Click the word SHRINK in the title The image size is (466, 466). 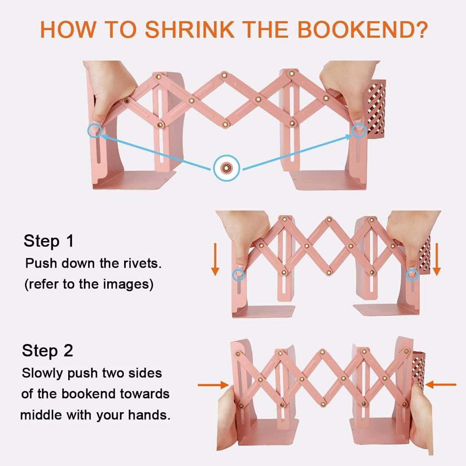[190, 30]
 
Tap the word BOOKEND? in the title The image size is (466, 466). [363, 30]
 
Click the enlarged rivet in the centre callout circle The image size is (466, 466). [226, 168]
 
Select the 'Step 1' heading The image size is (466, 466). [49, 241]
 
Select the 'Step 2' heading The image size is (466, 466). [48, 351]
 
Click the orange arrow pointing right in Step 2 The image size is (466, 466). [213, 385]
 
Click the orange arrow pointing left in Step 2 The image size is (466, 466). [441, 385]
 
